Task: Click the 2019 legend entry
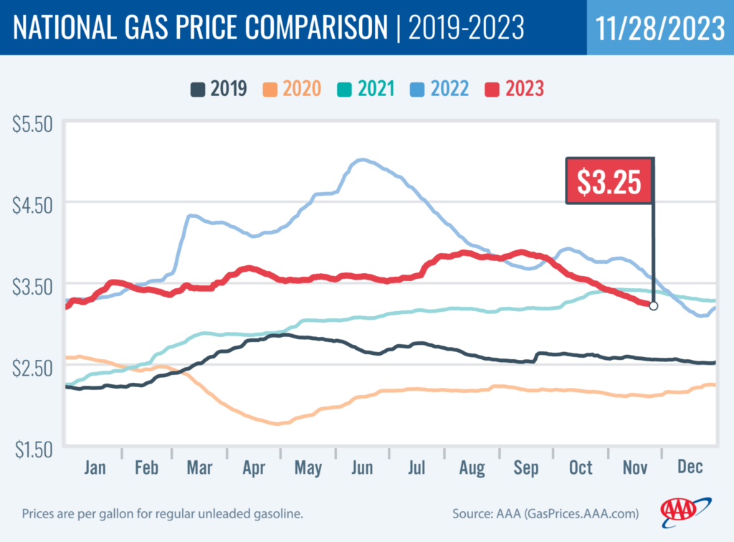[219, 90]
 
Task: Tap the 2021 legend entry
[364, 90]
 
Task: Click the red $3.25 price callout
[609, 181]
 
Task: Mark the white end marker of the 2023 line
[653, 305]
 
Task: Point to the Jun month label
[363, 467]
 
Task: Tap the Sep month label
[525, 467]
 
